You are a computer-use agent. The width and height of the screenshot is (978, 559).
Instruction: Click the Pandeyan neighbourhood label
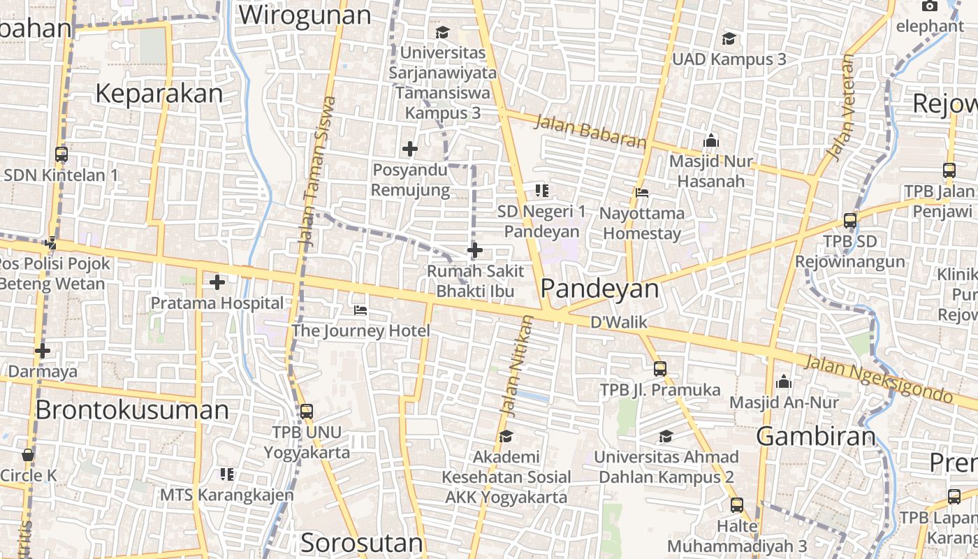click(599, 289)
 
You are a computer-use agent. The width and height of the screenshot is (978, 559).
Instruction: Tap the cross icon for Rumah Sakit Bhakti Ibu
click(475, 250)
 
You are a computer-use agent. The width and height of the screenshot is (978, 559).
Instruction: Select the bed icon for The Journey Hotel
click(360, 310)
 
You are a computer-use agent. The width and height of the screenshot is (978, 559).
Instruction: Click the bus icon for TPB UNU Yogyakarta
click(306, 412)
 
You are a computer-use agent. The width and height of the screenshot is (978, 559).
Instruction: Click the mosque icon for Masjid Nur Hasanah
click(711, 140)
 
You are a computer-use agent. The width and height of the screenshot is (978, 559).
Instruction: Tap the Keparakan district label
click(159, 93)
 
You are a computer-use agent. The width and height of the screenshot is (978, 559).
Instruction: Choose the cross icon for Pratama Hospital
click(217, 282)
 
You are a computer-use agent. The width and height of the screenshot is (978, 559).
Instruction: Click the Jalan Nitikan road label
click(516, 365)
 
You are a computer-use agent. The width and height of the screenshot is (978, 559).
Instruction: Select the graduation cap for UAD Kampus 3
click(729, 38)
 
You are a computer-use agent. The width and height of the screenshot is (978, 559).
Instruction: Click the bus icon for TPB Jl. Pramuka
click(660, 369)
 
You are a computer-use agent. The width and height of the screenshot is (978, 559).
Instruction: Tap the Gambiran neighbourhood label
click(815, 437)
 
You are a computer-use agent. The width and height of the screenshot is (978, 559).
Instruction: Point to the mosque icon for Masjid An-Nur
click(784, 382)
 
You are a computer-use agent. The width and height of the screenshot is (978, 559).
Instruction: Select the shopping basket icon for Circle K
click(28, 455)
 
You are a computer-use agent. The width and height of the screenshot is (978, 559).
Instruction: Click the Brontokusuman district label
click(132, 409)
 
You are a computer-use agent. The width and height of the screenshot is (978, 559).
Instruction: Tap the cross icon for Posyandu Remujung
click(410, 148)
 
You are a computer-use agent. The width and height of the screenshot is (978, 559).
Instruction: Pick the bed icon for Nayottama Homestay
click(642, 192)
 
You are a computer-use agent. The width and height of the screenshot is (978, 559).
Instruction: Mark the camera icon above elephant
click(929, 6)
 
